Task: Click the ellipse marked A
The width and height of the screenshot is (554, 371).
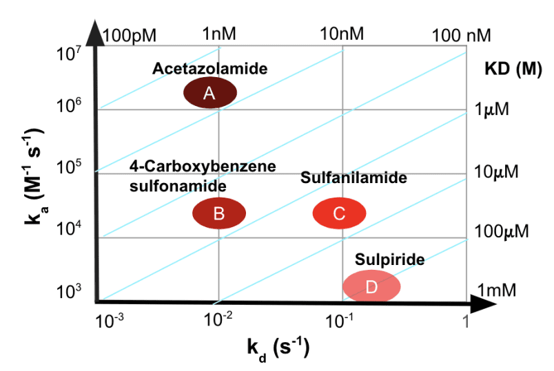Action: (x=210, y=94)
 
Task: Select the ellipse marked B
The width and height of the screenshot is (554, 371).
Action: (x=218, y=213)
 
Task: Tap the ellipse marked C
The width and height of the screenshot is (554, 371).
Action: (x=339, y=213)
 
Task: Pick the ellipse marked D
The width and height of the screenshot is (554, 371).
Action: (x=371, y=286)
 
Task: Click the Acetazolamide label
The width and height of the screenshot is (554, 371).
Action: (x=209, y=69)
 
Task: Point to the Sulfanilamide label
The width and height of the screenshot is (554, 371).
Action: (x=353, y=178)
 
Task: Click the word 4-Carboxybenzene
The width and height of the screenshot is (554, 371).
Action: (x=203, y=167)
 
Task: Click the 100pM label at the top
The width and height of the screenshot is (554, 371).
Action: (x=131, y=34)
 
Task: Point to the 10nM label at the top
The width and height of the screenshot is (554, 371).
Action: (x=341, y=34)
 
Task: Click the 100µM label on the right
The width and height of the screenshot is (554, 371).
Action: (x=502, y=231)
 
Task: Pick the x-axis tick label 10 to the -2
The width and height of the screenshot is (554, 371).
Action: (x=218, y=320)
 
